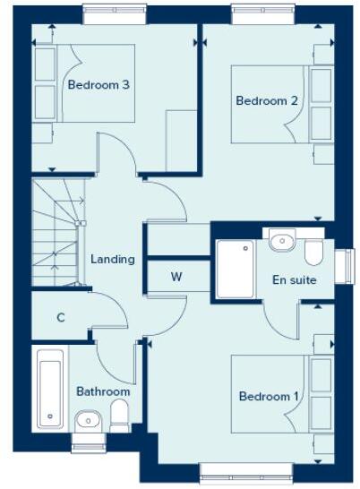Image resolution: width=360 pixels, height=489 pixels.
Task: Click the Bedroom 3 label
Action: click(x=99, y=85)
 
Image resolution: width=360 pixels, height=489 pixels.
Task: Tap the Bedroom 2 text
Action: click(x=267, y=101)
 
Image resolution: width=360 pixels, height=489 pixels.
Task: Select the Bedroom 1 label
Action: click(x=269, y=396)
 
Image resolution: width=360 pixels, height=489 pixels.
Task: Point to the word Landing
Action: click(x=113, y=260)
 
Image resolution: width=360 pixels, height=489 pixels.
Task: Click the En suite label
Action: click(x=294, y=280)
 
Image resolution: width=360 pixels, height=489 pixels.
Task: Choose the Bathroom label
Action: click(x=103, y=391)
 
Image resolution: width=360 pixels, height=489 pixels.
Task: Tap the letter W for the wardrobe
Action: click(x=176, y=278)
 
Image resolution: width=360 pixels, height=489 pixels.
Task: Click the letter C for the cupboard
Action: click(x=61, y=317)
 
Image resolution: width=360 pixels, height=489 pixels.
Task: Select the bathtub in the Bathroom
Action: click(x=48, y=389)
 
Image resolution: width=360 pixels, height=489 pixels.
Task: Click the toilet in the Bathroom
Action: click(x=119, y=416)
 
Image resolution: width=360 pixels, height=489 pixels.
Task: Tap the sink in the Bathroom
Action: click(x=88, y=419)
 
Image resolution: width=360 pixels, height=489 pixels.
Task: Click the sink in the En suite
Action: click(x=282, y=241)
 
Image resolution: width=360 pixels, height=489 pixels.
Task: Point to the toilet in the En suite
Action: click(x=313, y=253)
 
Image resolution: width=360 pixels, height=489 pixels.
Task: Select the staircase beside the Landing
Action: click(x=56, y=234)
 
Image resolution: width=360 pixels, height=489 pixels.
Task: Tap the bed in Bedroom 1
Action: click(x=269, y=394)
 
